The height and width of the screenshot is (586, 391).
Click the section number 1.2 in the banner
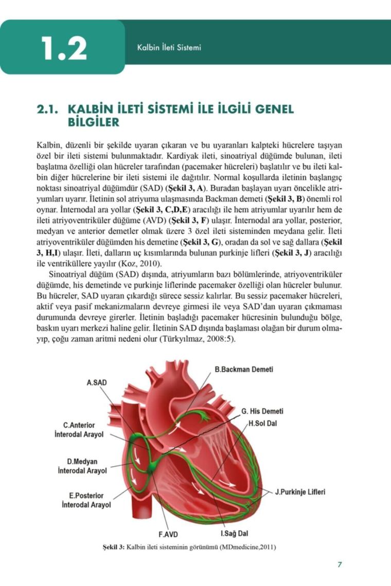pos(64,49)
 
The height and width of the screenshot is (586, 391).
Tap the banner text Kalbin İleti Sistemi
pos(169,48)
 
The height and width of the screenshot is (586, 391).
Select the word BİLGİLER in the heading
pos(94,122)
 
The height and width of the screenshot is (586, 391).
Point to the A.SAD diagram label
pos(96,382)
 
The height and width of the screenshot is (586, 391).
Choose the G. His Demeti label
pos(262,411)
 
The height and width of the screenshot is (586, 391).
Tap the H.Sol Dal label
pos(264,423)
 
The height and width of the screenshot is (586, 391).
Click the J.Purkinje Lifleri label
pos(300,491)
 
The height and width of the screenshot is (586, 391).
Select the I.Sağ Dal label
pos(235,534)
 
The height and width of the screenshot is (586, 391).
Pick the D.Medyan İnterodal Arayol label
pos(82,466)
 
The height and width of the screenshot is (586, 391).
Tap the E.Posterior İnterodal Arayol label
pos(86,500)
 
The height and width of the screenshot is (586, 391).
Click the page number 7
pos(340,564)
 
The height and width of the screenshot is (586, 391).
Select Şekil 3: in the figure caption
pos(114,547)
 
